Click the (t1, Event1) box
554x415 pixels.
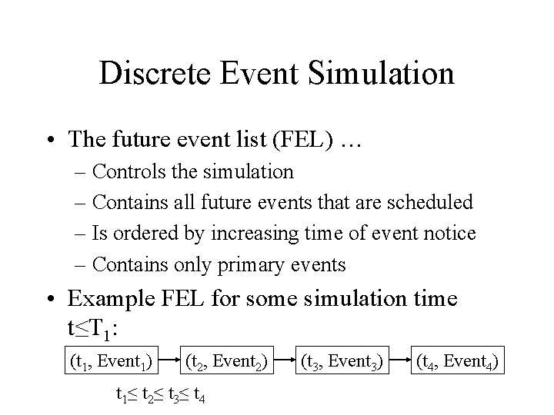pos(111,359)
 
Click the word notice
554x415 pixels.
pos(449,233)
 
